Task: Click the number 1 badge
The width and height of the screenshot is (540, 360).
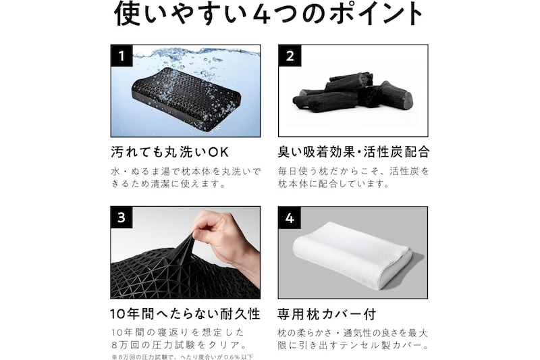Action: [122, 55]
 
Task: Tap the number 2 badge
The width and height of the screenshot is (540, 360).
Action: [290, 55]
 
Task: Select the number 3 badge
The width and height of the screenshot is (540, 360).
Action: [122, 217]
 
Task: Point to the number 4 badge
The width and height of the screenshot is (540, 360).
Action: [290, 217]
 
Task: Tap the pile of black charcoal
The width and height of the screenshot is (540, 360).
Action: [352, 95]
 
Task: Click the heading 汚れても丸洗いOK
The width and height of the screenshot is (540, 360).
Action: [170, 152]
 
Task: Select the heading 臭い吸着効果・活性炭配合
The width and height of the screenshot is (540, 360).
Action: [354, 152]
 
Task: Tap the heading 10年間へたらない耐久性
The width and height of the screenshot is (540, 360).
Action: [185, 314]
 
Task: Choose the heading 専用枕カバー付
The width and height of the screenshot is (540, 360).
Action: [327, 314]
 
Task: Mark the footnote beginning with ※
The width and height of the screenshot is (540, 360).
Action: [182, 357]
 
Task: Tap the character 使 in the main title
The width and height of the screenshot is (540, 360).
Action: [127, 14]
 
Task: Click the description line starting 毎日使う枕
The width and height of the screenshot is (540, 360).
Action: [354, 171]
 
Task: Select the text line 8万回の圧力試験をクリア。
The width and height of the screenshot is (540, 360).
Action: [179, 345]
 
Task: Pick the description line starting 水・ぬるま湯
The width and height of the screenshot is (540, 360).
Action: [186, 171]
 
